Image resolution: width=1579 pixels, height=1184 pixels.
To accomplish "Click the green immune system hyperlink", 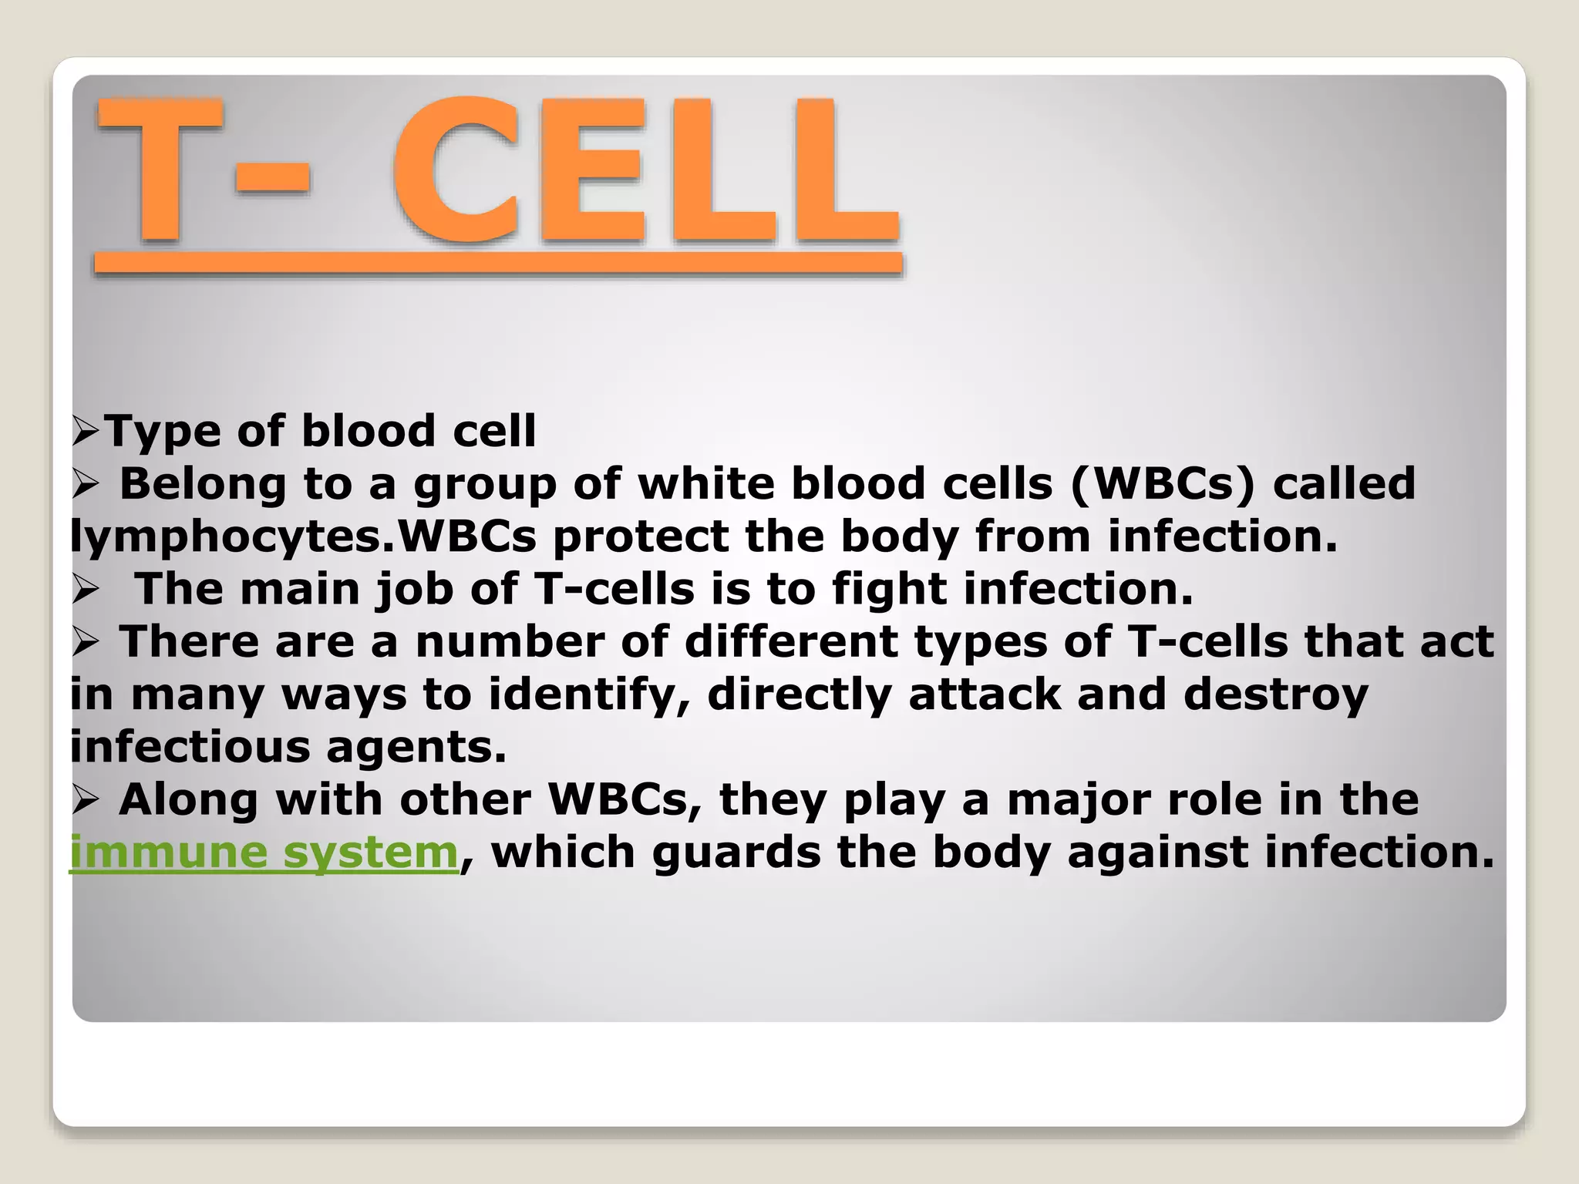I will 264,853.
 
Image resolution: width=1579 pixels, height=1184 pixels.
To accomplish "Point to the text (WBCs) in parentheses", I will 1163,484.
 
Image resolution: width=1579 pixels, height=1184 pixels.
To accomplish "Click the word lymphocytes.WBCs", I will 302,536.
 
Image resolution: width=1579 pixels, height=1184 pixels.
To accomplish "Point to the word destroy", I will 1275,695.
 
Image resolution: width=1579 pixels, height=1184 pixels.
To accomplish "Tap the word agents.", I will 416,747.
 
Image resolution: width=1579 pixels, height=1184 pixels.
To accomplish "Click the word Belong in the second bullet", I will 203,484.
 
